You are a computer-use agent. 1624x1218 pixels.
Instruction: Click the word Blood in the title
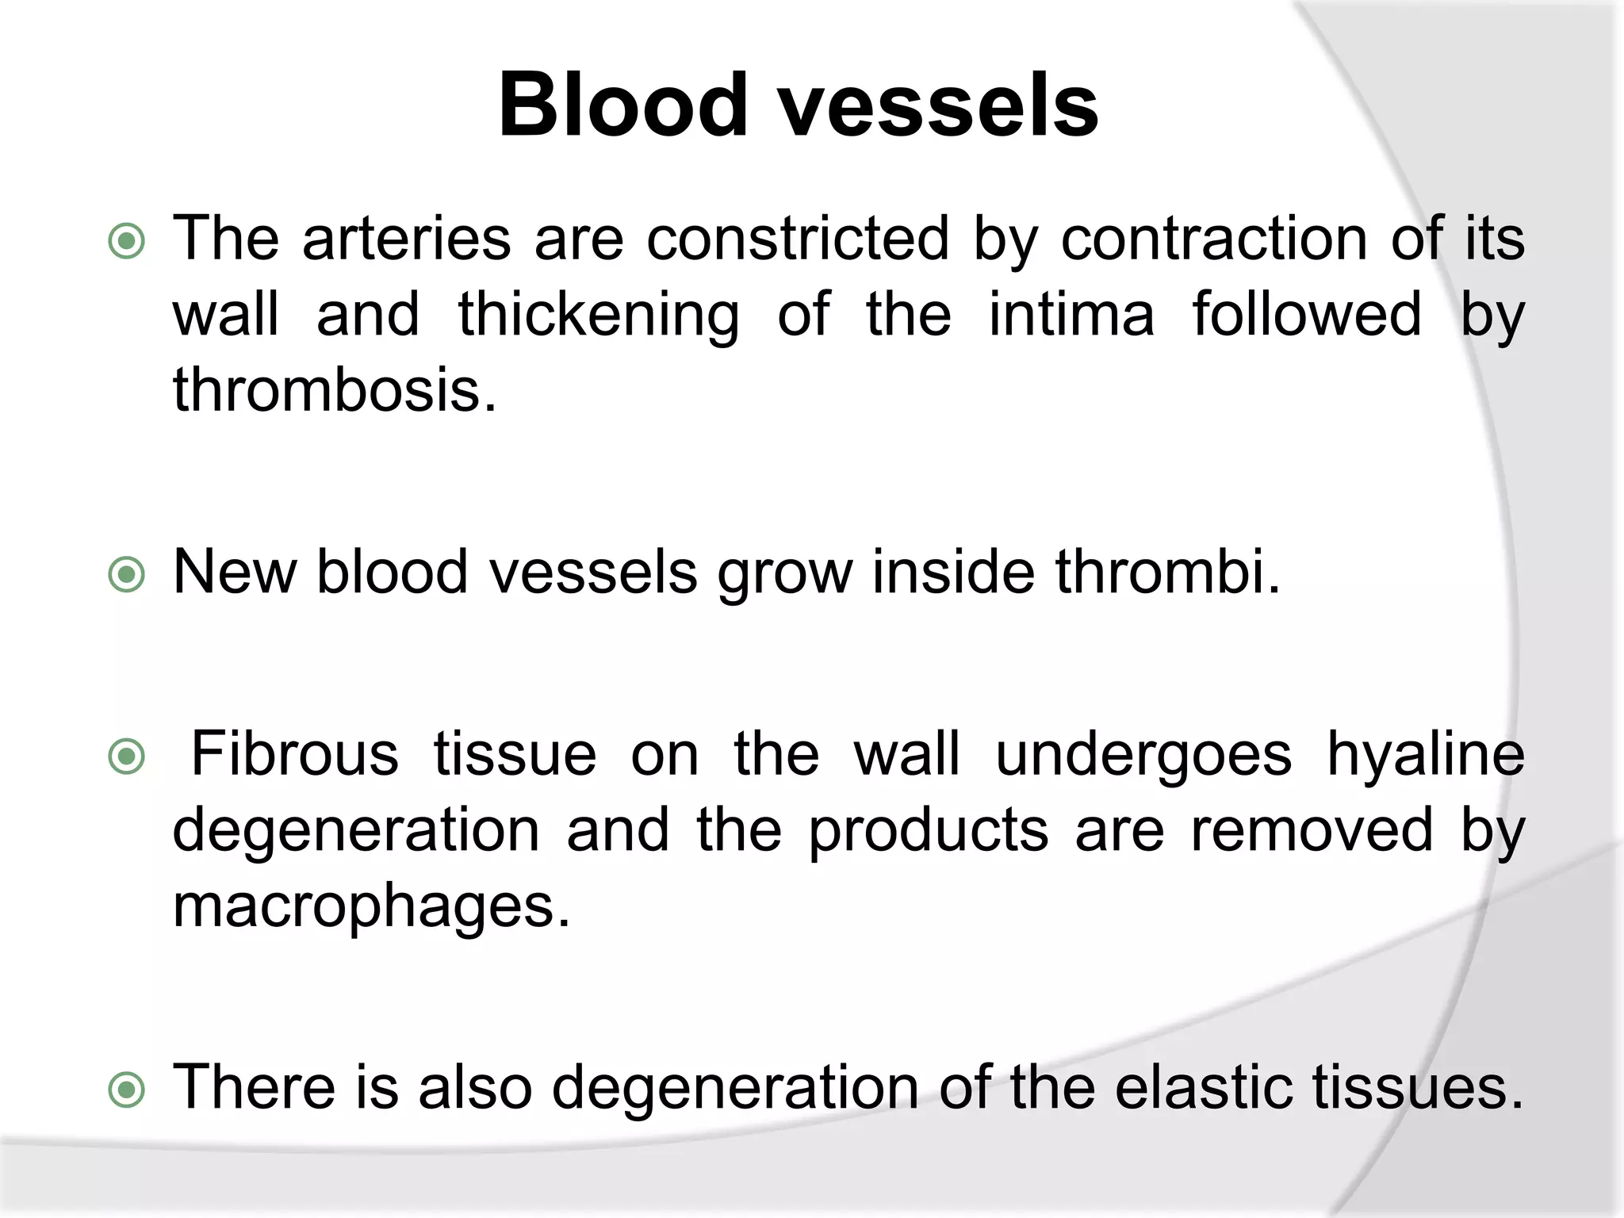click(x=623, y=105)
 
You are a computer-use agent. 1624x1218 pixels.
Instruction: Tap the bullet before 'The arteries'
click(x=127, y=242)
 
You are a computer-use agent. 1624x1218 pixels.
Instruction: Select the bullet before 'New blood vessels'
click(x=127, y=575)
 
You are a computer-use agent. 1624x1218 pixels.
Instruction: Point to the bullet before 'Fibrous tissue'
click(x=127, y=756)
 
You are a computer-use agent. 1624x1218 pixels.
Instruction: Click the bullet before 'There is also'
click(x=127, y=1090)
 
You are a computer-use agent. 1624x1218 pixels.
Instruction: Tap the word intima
click(x=1071, y=314)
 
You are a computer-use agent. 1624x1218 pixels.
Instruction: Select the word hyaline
click(x=1425, y=755)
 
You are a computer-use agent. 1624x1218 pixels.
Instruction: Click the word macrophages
click(x=371, y=907)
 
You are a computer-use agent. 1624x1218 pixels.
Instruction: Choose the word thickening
click(x=599, y=316)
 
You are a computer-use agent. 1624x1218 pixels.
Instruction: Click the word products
click(x=929, y=831)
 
